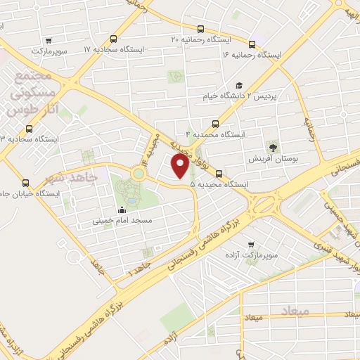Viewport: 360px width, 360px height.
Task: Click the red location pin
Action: [x=180, y=166]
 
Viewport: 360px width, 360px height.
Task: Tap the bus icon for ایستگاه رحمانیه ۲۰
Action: [x=201, y=30]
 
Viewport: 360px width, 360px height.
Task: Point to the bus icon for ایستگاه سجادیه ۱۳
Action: [x=29, y=129]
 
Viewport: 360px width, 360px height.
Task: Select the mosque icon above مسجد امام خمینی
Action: [x=122, y=209]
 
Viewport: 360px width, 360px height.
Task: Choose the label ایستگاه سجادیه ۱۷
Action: [x=116, y=50]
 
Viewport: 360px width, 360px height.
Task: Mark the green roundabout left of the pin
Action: [x=138, y=172]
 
